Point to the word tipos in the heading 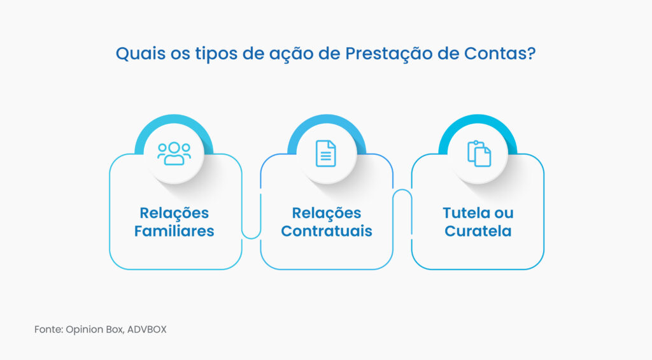click(x=215, y=54)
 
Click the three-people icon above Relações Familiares click(x=174, y=154)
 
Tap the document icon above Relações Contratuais click(x=326, y=154)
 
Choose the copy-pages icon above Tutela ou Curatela click(x=479, y=154)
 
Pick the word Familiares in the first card click(x=174, y=231)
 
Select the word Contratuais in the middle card click(x=326, y=231)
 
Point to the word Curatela click(x=478, y=231)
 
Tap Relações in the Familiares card click(x=174, y=213)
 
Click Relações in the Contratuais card click(x=326, y=213)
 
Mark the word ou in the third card click(x=504, y=213)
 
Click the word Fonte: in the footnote click(x=48, y=330)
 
